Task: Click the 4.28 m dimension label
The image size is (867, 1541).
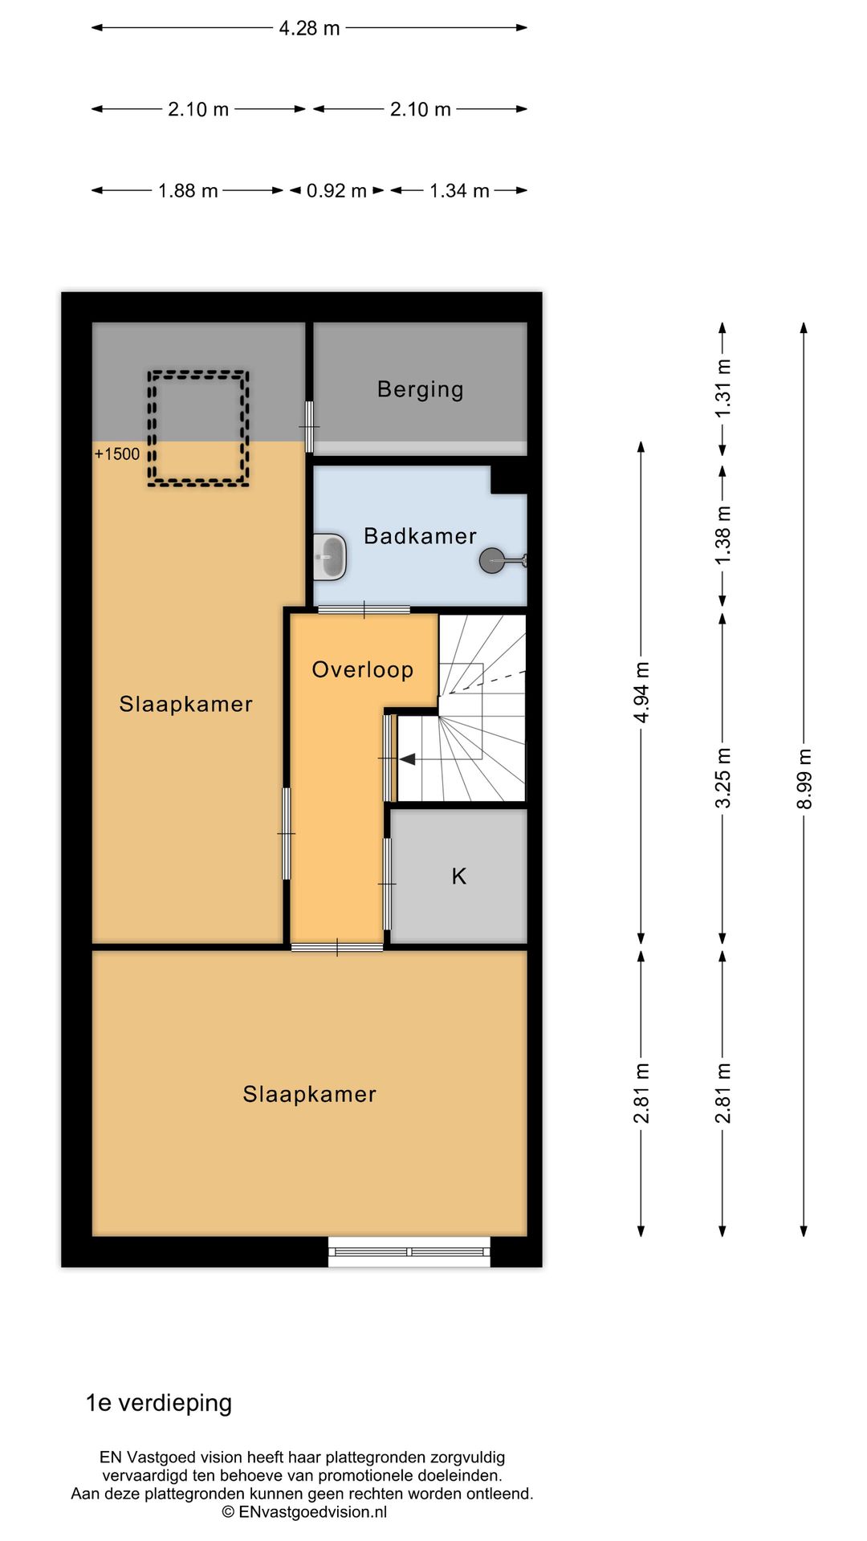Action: tap(309, 28)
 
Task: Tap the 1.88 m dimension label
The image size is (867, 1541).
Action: tap(188, 191)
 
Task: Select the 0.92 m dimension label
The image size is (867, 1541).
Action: tap(336, 191)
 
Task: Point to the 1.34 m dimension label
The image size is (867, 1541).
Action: tap(459, 191)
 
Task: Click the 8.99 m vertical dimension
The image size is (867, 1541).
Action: tap(804, 779)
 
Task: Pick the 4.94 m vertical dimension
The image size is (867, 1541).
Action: tap(641, 692)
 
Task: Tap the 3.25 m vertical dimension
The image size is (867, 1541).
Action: tap(722, 777)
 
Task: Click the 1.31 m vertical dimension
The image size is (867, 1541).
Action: tap(722, 388)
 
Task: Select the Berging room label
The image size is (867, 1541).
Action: tap(420, 389)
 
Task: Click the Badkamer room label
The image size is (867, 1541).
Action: tap(420, 536)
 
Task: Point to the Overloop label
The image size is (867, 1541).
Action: tap(362, 669)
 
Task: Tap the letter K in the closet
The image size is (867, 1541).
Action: tap(458, 876)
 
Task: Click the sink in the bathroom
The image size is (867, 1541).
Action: tap(329, 556)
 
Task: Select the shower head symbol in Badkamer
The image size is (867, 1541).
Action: tap(492, 560)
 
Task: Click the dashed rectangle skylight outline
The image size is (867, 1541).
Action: tap(198, 429)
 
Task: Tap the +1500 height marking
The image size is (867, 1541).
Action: tap(117, 454)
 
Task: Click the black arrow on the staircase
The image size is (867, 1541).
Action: tap(407, 758)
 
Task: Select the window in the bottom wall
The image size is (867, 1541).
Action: tap(409, 1251)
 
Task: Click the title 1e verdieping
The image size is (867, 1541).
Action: tap(159, 1402)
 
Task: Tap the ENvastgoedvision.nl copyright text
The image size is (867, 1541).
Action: tap(304, 1512)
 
